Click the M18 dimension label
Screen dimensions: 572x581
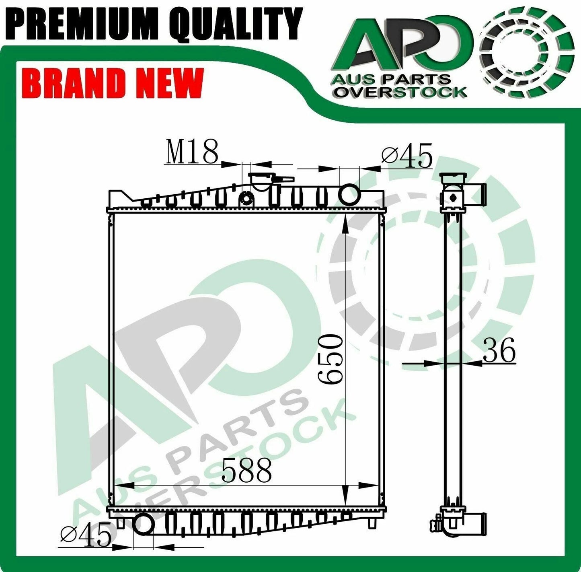192,152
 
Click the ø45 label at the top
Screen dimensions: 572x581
407,155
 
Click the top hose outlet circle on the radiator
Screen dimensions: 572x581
349,194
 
